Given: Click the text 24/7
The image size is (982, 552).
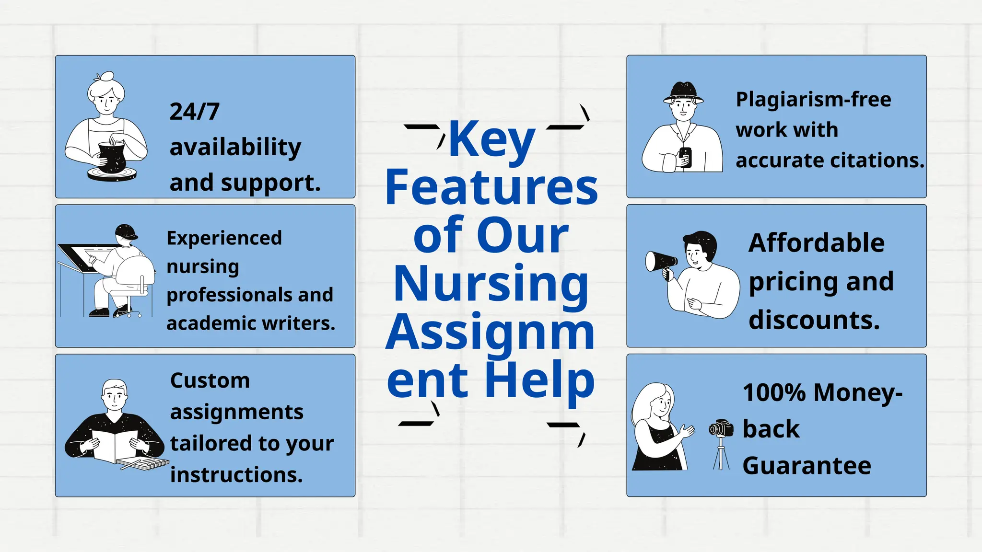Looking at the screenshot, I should pyautogui.click(x=194, y=112).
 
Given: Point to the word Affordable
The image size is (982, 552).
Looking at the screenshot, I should pyautogui.click(x=816, y=243).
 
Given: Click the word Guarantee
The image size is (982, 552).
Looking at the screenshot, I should pyautogui.click(x=807, y=466).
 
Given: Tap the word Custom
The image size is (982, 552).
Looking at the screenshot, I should pyautogui.click(x=210, y=381).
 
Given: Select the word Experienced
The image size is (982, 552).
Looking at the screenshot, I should pyautogui.click(x=224, y=238).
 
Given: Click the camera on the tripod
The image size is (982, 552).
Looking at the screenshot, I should pyautogui.click(x=721, y=428).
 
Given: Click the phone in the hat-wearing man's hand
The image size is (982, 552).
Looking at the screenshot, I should pyautogui.click(x=686, y=157).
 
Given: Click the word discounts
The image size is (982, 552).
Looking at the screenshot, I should pyautogui.click(x=814, y=320).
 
